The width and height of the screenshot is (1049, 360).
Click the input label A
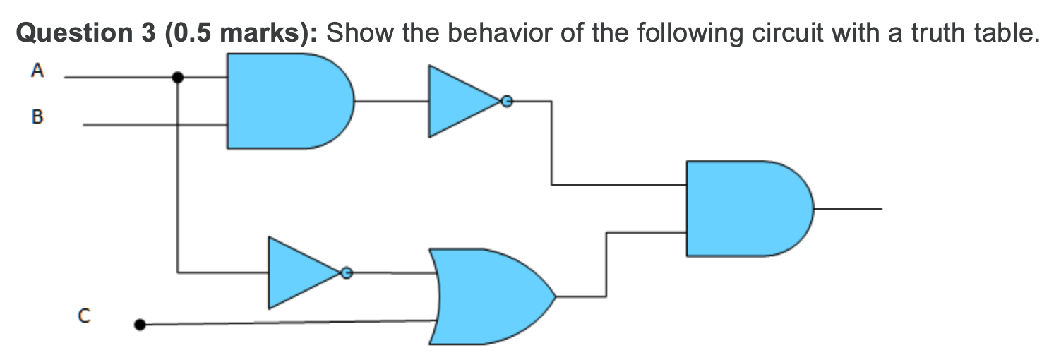click(x=37, y=70)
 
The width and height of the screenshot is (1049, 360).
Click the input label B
click(x=37, y=118)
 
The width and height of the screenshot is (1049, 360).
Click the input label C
click(x=84, y=317)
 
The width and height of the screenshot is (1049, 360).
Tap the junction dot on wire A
click(x=178, y=78)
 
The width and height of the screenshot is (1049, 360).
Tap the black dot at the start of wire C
click(x=140, y=325)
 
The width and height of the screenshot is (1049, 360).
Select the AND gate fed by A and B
click(x=286, y=101)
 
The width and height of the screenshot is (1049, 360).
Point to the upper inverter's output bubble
click(x=505, y=102)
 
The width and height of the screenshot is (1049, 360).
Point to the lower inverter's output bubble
click(x=346, y=272)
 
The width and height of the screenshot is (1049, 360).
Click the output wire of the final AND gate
click(x=847, y=209)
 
